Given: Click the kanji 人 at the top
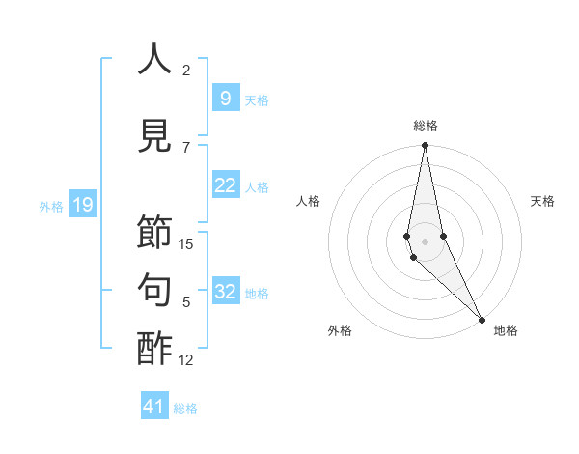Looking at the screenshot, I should [x=154, y=59].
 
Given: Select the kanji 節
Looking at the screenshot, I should [x=154, y=233].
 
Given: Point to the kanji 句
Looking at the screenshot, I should [x=154, y=291].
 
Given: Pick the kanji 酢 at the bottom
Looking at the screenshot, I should [x=154, y=349].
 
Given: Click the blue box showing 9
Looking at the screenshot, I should [x=225, y=98].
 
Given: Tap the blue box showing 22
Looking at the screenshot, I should [x=225, y=186].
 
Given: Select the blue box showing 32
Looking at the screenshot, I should [x=225, y=293].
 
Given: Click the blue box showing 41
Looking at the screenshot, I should [x=154, y=407].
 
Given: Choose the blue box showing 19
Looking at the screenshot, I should [x=82, y=204].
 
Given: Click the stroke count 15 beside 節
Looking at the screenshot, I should [x=186, y=244].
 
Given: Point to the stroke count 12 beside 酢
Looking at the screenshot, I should [x=186, y=360].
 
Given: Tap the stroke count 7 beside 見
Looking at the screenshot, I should [x=186, y=147].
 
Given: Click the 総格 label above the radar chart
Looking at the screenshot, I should [x=425, y=126].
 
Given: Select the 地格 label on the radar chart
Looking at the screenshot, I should [x=506, y=330].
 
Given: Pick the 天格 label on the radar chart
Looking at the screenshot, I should [x=542, y=201].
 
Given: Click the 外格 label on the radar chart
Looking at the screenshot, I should [x=340, y=330].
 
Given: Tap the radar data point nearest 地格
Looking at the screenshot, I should [x=482, y=318].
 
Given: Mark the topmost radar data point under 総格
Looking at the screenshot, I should [x=425, y=146].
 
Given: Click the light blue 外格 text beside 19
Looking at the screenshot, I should [x=51, y=206].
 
